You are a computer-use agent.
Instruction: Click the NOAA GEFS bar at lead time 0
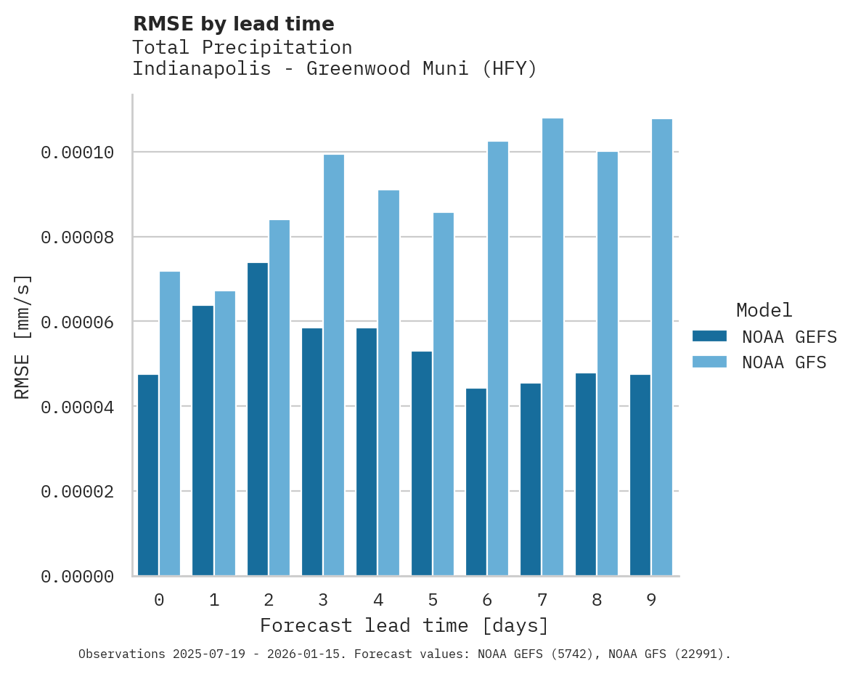148,475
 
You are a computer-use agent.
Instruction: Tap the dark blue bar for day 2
258,419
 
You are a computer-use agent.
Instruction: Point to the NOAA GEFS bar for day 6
476,482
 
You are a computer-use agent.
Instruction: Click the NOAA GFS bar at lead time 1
225,434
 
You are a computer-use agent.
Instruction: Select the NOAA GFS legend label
784,362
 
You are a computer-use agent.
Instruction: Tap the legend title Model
764,310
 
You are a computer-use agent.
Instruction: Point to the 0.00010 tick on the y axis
78,153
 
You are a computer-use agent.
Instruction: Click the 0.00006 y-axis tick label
78,322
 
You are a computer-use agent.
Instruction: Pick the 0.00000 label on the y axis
78,577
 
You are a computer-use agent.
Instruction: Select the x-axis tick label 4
378,601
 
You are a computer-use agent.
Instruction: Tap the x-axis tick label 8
597,601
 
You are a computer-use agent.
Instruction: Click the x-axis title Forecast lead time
404,626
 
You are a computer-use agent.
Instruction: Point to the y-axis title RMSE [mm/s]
23,337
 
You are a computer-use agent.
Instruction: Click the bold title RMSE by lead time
234,24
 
